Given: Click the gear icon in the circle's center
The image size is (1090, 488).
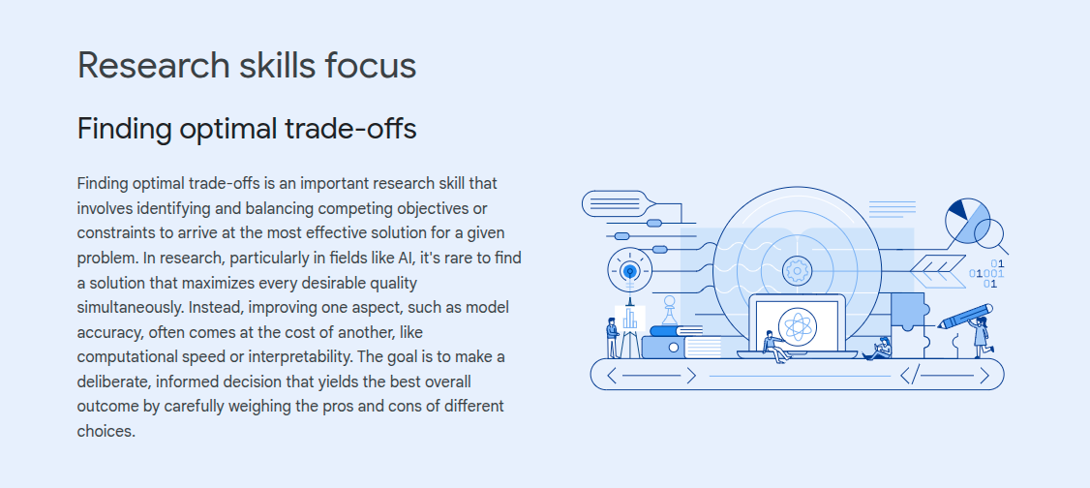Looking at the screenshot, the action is pos(797,270).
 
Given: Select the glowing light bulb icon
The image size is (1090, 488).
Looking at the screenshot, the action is pos(630,270).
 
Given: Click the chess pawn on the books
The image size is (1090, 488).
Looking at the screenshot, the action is pos(670,310).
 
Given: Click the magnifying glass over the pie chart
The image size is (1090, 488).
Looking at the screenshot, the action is pos(990,235).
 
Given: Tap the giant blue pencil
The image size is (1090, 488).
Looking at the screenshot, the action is pos(965,317).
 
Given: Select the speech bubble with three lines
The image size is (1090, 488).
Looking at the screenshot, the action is pos(619,203).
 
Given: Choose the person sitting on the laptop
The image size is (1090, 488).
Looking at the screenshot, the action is pos(774,346).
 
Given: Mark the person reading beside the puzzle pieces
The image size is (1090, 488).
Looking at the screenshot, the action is pos(879,348).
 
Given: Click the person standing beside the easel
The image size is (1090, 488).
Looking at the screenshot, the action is pos(612,338).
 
